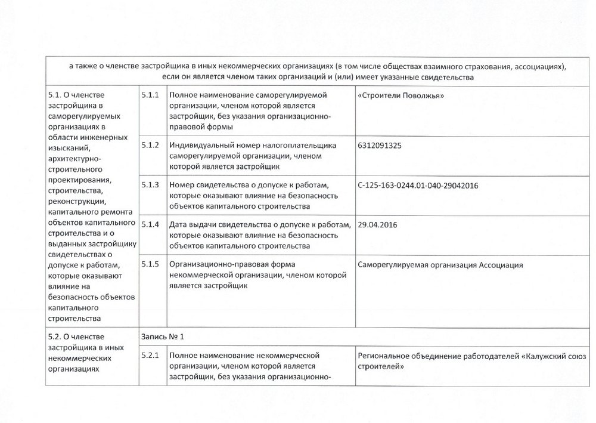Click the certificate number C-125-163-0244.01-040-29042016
tap(419, 185)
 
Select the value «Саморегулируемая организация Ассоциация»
tap(442, 264)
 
